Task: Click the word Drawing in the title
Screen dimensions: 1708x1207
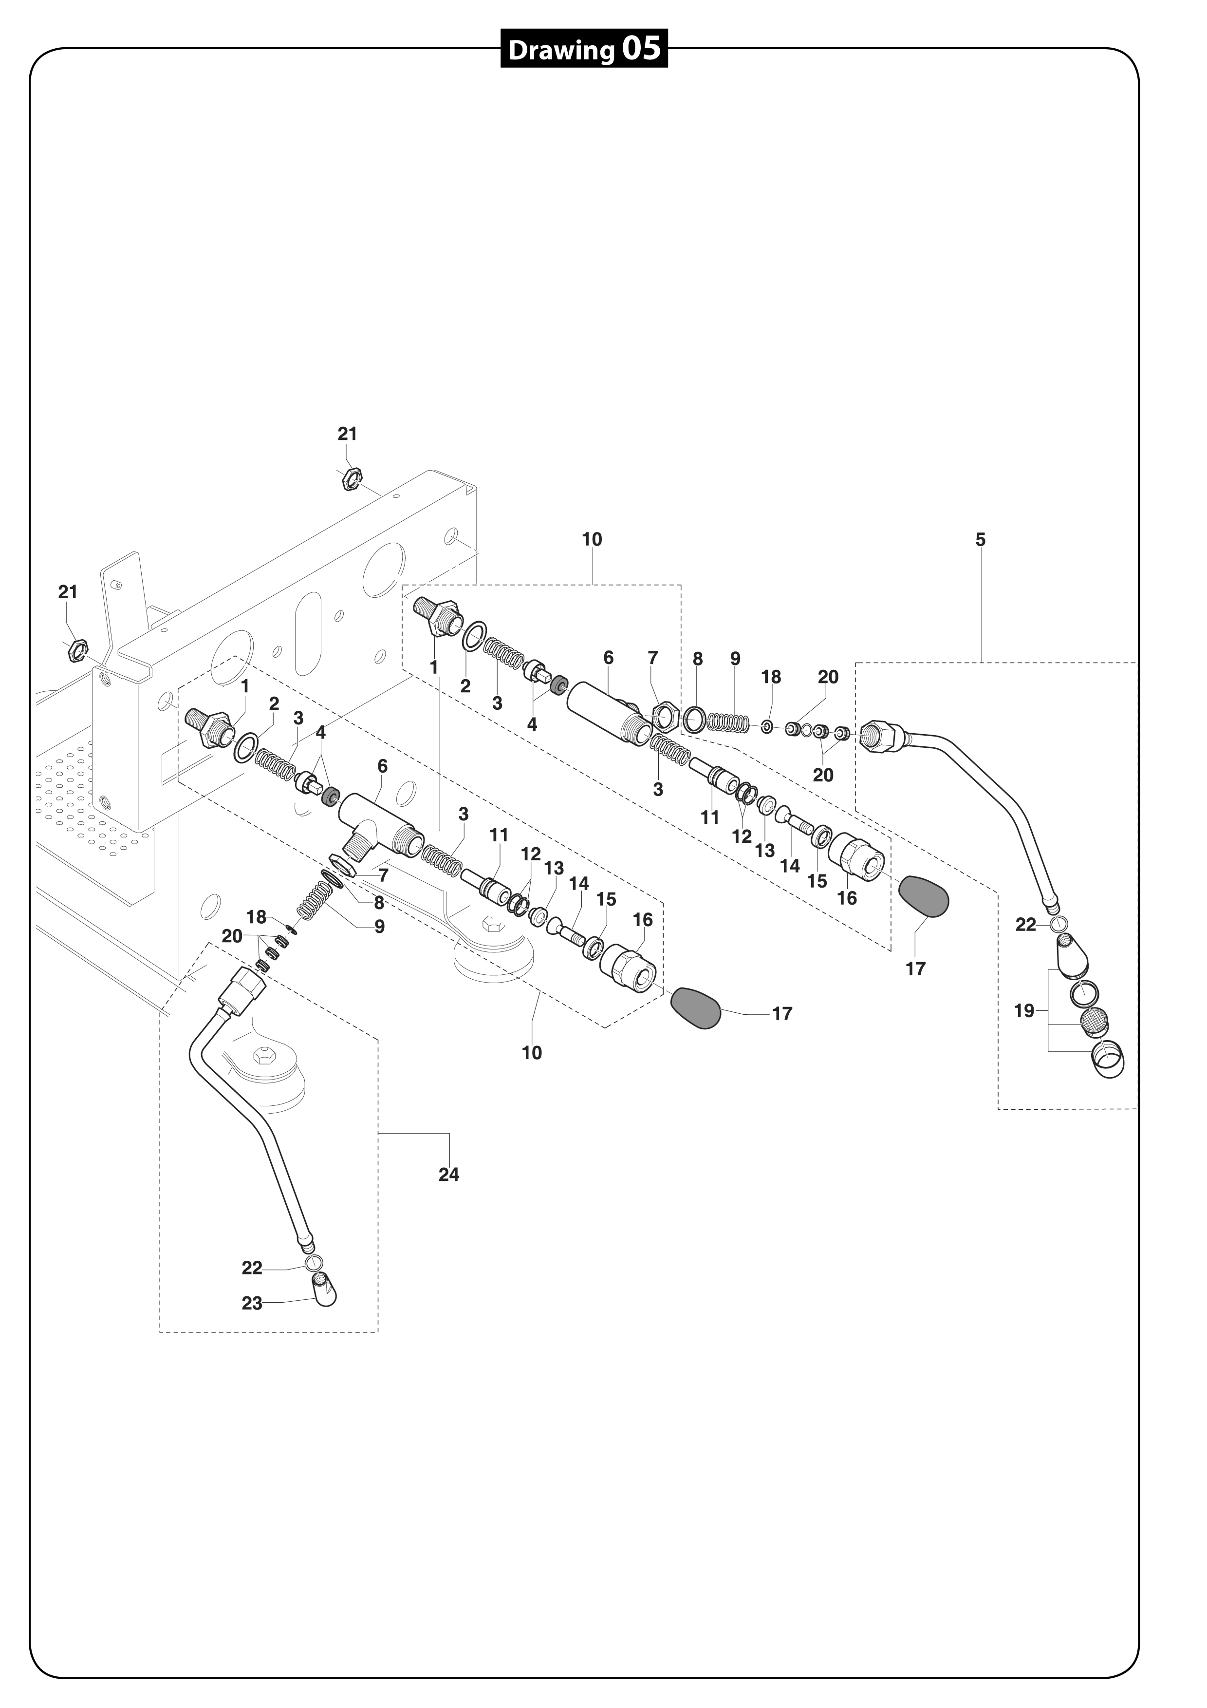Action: (x=561, y=51)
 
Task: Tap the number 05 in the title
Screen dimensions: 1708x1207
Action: (x=641, y=49)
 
